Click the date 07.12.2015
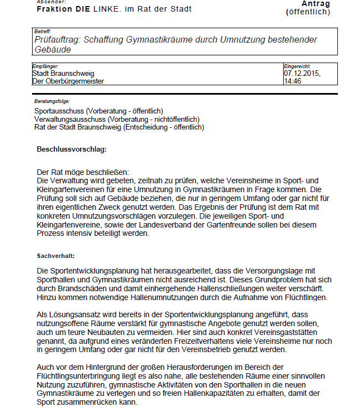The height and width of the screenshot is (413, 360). click(302, 73)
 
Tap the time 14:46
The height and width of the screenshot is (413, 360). click(293, 81)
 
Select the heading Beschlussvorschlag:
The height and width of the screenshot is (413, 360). click(71, 149)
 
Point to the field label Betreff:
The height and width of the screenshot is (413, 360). click(43, 32)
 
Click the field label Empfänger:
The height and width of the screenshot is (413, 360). click(45, 66)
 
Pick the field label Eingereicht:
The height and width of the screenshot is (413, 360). click(298, 66)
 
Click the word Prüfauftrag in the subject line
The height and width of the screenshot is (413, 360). click(56, 40)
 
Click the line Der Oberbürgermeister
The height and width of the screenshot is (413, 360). click(68, 81)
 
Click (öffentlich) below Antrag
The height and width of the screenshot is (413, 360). click(307, 12)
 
